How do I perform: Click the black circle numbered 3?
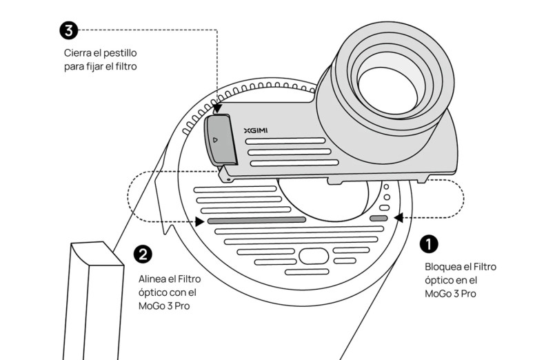pyautogui.click(x=69, y=30)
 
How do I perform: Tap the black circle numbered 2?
pyautogui.click(x=143, y=254)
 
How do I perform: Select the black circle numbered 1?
pyautogui.click(x=429, y=243)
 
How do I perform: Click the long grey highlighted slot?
pyautogui.click(x=256, y=221)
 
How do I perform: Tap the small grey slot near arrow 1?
pyautogui.click(x=379, y=219)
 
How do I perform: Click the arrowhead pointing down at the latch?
pyautogui.click(x=217, y=109)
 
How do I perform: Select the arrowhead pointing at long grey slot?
pyautogui.click(x=199, y=221)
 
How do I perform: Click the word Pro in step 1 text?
pyautogui.click(x=468, y=294)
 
